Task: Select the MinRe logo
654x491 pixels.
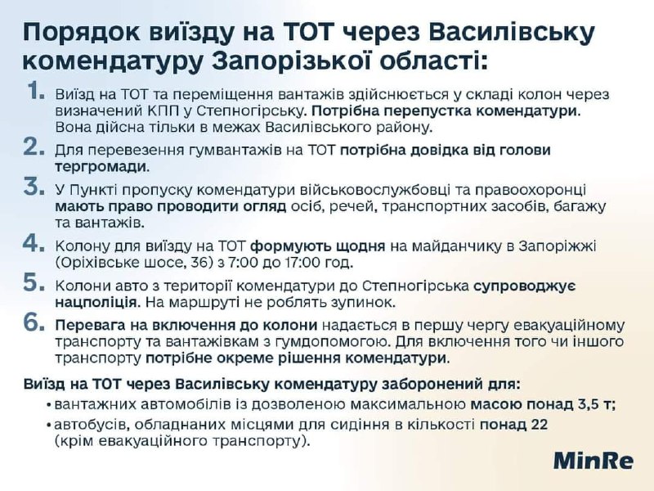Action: coord(594,461)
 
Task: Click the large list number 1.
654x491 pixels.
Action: coord(36,91)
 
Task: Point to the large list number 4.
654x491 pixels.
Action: coord(34,243)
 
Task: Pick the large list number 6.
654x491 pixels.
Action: coord(34,322)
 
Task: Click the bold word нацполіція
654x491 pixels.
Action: coord(96,302)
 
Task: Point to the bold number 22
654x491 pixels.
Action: coord(539,425)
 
